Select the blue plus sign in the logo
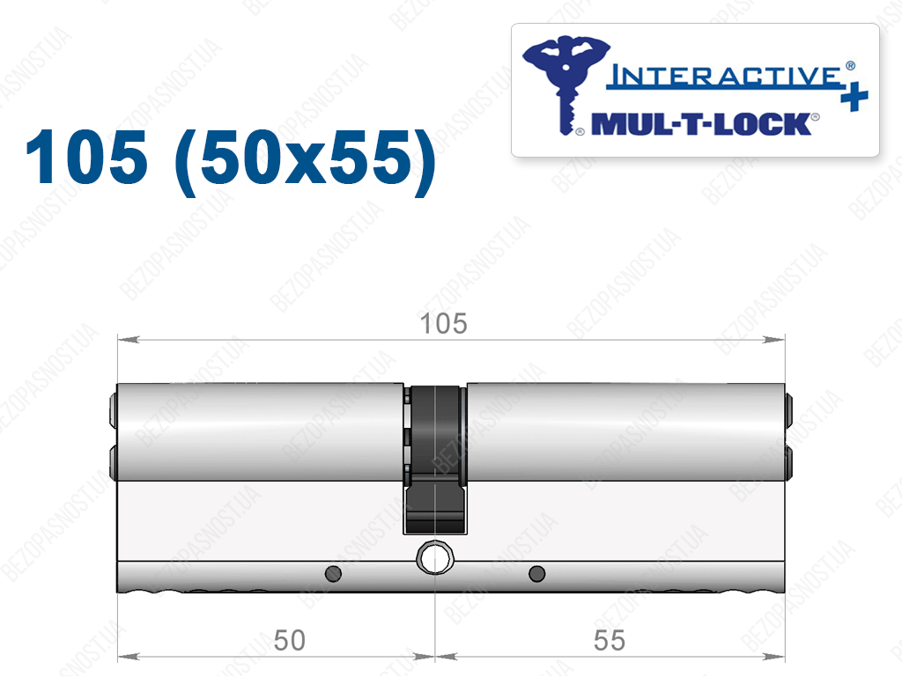(854, 97)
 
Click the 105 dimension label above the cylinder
(444, 324)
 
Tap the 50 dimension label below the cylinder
(289, 640)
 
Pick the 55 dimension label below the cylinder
(610, 640)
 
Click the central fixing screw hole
(435, 557)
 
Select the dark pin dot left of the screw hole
(334, 573)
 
